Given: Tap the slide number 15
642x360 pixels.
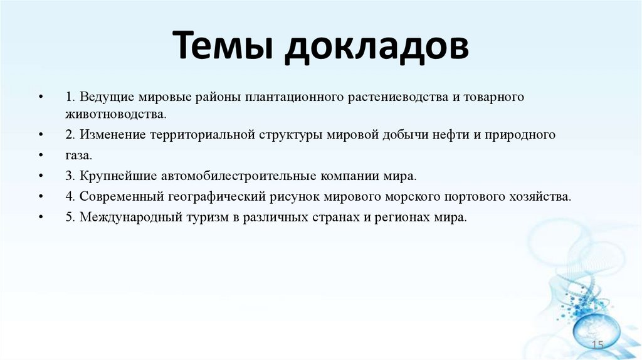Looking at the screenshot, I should click(x=597, y=346).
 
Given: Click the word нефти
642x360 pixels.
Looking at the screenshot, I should click(x=465, y=135).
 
